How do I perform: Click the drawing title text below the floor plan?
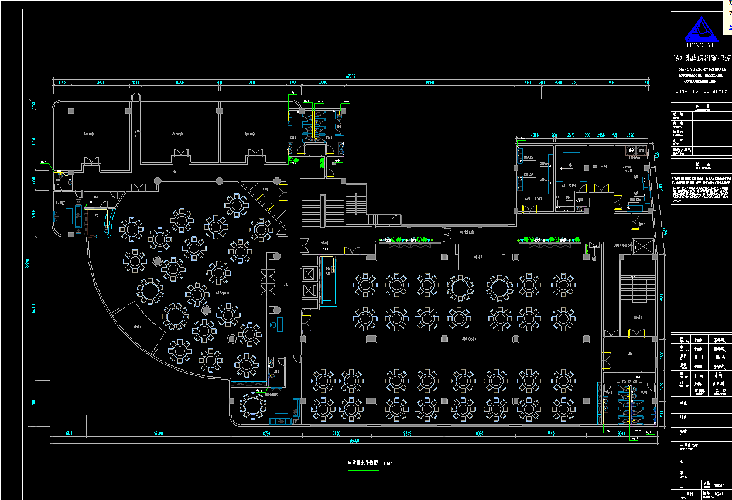(362, 463)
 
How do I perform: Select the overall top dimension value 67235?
(351, 76)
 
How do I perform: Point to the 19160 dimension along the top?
(430, 83)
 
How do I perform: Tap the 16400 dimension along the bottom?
(158, 434)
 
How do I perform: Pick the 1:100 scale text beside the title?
(388, 464)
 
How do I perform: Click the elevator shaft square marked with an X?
(643, 246)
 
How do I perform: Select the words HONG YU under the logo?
(702, 45)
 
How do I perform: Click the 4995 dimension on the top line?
(323, 83)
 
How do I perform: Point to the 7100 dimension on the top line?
(252, 83)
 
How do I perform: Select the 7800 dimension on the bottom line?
(337, 434)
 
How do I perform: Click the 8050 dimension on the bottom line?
(266, 434)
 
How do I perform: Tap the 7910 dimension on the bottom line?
(550, 434)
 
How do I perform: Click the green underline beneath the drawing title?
(362, 468)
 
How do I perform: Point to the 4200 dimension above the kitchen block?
(534, 136)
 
